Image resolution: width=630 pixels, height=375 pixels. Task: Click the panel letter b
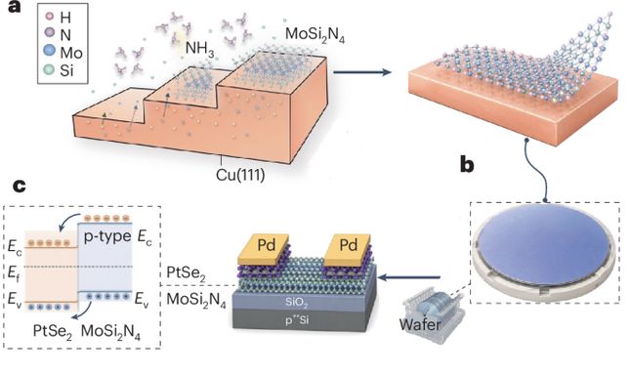click(x=467, y=164)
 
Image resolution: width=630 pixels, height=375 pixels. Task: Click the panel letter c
click(x=19, y=186)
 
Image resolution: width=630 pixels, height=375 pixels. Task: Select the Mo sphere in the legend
click(x=49, y=51)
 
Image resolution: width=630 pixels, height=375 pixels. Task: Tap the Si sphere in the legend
click(x=49, y=69)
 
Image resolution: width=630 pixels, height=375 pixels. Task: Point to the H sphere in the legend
click(x=50, y=17)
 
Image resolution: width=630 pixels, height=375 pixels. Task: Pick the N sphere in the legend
click(x=49, y=33)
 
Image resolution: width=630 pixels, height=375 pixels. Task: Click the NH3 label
click(x=199, y=49)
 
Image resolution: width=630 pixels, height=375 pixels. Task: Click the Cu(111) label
click(x=240, y=175)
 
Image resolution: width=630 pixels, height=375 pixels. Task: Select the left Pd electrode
click(x=264, y=249)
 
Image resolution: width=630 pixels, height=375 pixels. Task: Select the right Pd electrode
click(x=348, y=249)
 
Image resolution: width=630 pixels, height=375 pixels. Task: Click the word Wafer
click(x=420, y=324)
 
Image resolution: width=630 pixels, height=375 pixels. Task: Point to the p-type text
click(x=106, y=236)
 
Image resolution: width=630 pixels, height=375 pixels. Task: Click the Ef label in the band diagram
click(x=13, y=272)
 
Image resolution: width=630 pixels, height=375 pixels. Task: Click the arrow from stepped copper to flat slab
click(x=362, y=72)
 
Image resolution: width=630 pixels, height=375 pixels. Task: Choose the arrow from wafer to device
click(x=409, y=277)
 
